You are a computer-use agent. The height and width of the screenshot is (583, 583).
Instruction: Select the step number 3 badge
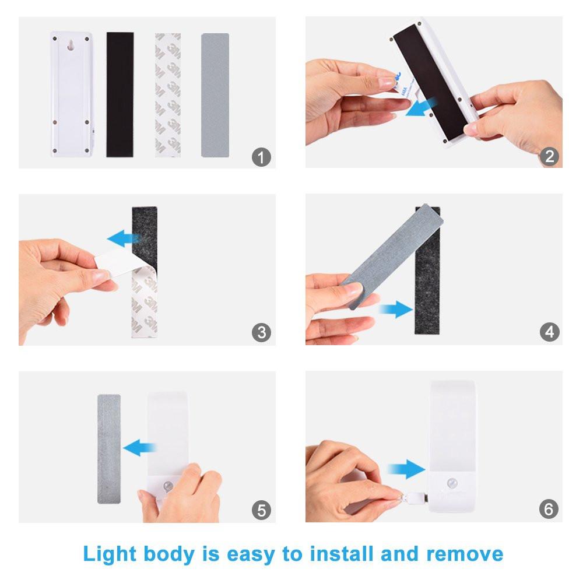(x=261, y=333)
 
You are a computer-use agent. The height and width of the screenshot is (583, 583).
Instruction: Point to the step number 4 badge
(x=549, y=333)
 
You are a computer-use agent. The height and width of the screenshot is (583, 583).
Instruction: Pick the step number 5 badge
(x=261, y=511)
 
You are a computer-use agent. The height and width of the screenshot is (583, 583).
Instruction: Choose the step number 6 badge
(x=549, y=510)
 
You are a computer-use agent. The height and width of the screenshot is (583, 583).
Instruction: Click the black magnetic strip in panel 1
(x=120, y=94)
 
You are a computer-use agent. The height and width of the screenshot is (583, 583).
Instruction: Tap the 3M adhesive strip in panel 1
(x=167, y=94)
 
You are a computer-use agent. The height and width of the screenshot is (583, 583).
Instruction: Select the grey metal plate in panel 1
(x=215, y=94)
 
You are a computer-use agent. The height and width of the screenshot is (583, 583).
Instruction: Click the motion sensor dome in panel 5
(x=168, y=486)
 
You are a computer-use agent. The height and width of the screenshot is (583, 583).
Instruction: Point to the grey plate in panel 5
(x=108, y=448)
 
